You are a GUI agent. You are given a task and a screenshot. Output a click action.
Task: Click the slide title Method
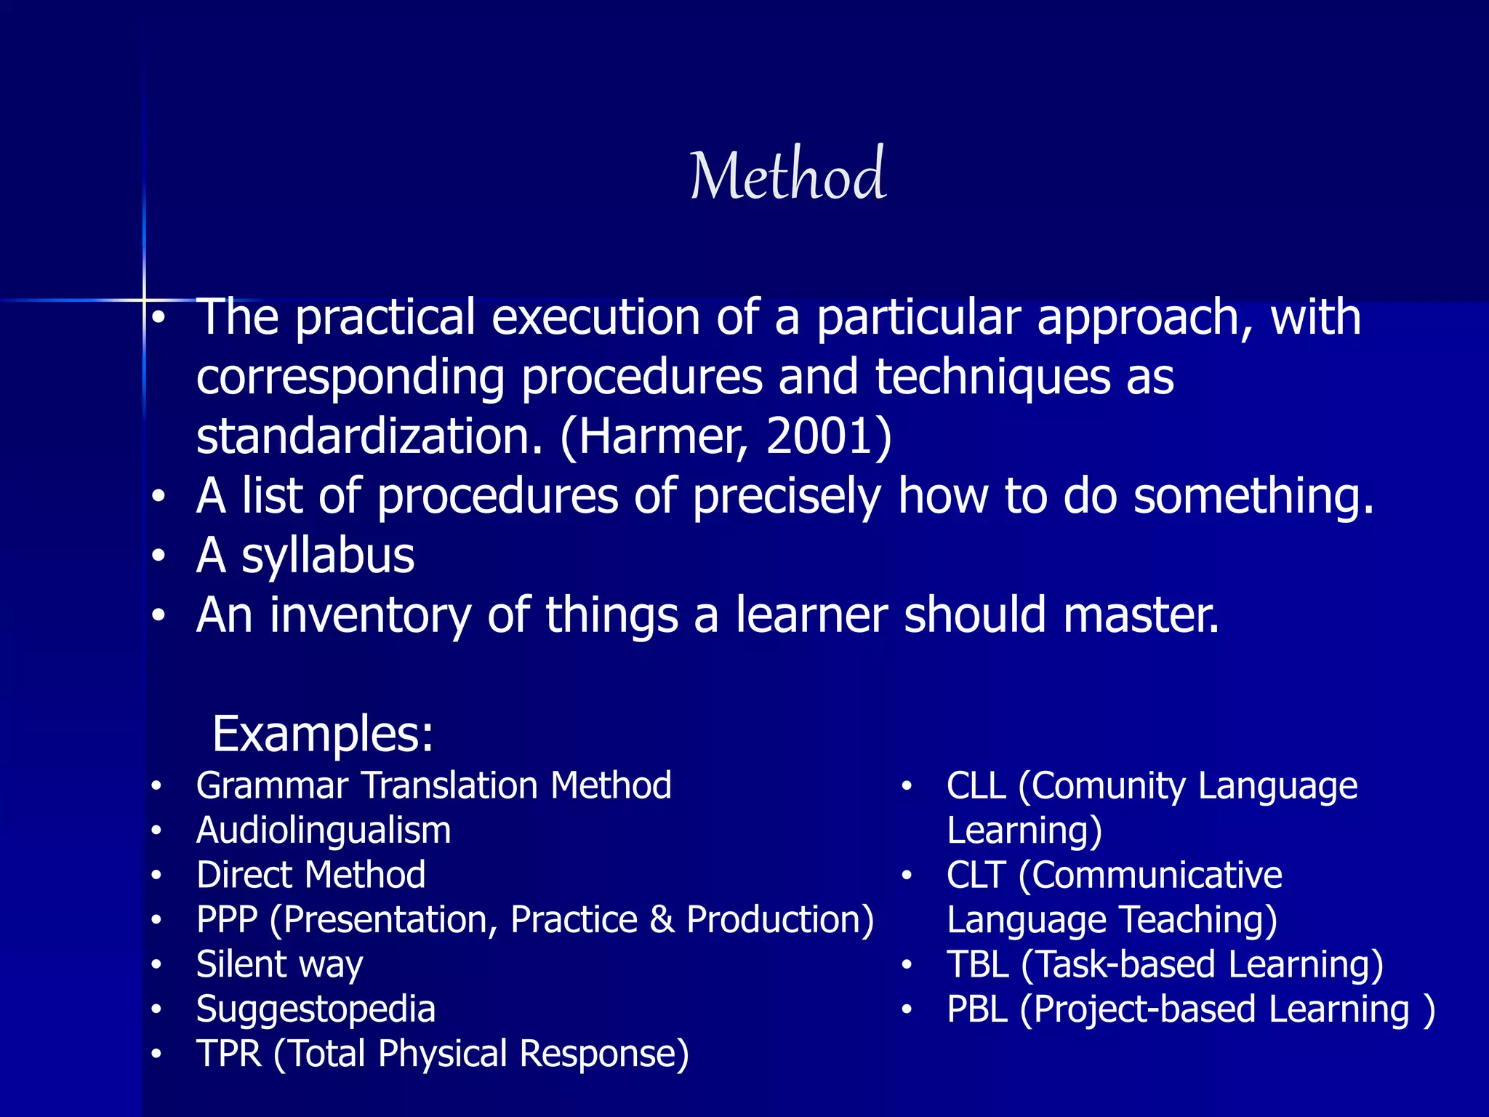(x=787, y=175)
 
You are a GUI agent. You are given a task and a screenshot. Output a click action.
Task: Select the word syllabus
(x=327, y=557)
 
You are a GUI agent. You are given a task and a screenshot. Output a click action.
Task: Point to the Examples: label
(x=323, y=734)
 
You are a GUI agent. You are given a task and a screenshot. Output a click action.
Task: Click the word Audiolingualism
(x=324, y=830)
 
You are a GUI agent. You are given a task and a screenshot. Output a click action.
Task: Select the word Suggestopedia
(x=316, y=1009)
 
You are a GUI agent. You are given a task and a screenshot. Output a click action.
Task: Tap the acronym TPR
(x=228, y=1054)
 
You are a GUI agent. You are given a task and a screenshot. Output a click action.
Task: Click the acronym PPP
(x=227, y=920)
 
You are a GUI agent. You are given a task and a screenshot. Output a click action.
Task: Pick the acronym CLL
(x=976, y=786)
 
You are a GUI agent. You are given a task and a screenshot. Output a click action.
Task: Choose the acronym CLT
(x=976, y=875)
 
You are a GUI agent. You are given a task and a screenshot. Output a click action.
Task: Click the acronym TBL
(x=977, y=965)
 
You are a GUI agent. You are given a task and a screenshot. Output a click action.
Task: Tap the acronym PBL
(x=977, y=1009)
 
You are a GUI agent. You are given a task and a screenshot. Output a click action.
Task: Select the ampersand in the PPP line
(x=662, y=920)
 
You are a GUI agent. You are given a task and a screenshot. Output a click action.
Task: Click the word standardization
(x=369, y=436)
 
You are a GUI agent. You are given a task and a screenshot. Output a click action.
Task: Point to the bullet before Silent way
(x=156, y=965)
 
